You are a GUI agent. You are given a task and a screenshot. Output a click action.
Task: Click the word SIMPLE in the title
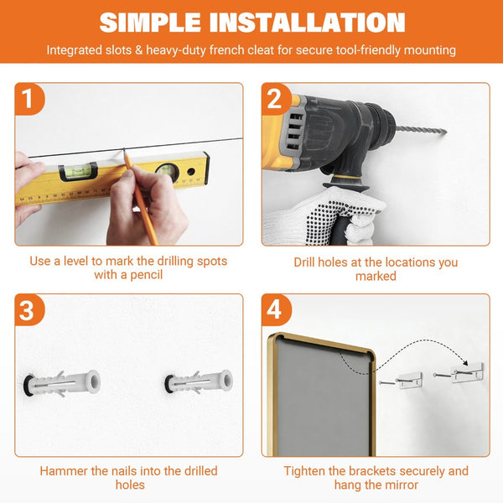coord(150,23)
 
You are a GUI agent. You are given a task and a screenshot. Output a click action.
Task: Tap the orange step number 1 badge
coord(29,99)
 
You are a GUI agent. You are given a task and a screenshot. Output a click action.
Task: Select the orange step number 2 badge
coord(276,99)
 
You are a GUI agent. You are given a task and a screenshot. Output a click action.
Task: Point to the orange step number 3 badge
coord(29,310)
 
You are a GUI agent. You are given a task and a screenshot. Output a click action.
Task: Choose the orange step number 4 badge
coord(276,310)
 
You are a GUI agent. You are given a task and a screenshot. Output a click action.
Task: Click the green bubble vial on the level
coord(78,171)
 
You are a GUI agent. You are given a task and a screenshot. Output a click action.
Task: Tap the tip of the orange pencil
coord(124,152)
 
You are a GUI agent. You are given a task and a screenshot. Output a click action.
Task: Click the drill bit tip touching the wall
coord(445,131)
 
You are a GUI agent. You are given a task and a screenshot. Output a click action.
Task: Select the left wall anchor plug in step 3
coord(61,383)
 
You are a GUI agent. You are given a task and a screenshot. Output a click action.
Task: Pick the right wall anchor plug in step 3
coord(198,381)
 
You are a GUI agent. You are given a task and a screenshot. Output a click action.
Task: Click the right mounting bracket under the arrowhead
coord(467,373)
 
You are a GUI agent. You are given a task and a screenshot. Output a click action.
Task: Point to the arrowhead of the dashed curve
coord(464,362)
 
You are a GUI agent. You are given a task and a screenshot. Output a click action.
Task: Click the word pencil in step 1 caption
coord(146,275)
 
